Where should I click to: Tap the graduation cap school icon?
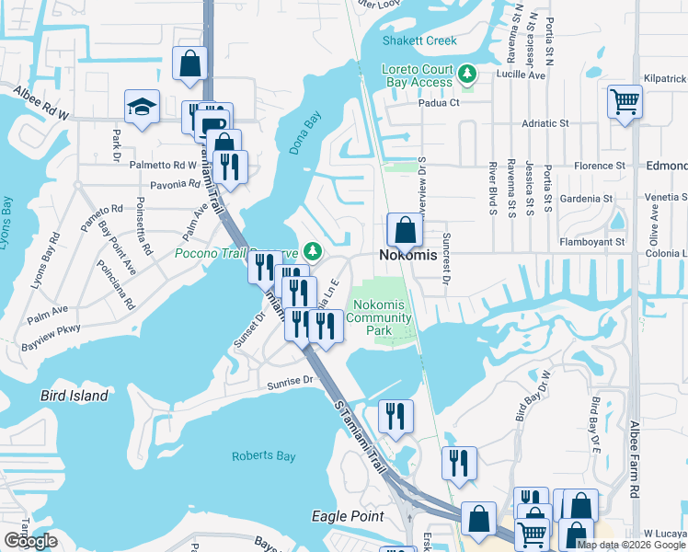[143, 108]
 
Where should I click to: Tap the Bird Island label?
[75, 396]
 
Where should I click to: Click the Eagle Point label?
[348, 516]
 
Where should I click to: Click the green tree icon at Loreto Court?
[467, 73]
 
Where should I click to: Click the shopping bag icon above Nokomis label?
[405, 229]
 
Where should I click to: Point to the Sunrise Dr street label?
[291, 379]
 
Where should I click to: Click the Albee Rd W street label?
[40, 101]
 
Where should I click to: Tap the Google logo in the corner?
[29, 541]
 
